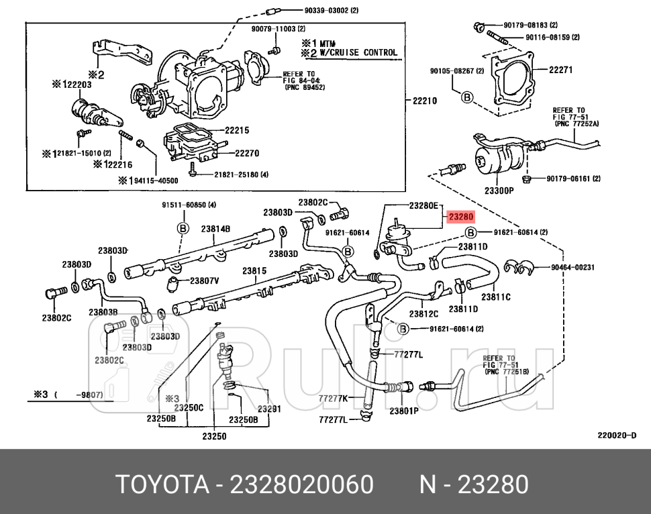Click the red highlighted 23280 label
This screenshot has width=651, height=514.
click(x=461, y=217)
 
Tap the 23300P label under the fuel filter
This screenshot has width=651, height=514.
click(x=499, y=190)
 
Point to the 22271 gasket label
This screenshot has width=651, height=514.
click(x=560, y=69)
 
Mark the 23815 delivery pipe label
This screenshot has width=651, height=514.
click(x=254, y=271)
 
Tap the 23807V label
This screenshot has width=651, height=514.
click(x=205, y=280)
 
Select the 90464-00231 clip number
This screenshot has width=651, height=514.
click(x=573, y=266)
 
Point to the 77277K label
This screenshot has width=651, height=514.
click(x=333, y=398)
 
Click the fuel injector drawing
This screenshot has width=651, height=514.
click(x=227, y=362)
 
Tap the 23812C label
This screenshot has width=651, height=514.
click(x=423, y=313)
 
